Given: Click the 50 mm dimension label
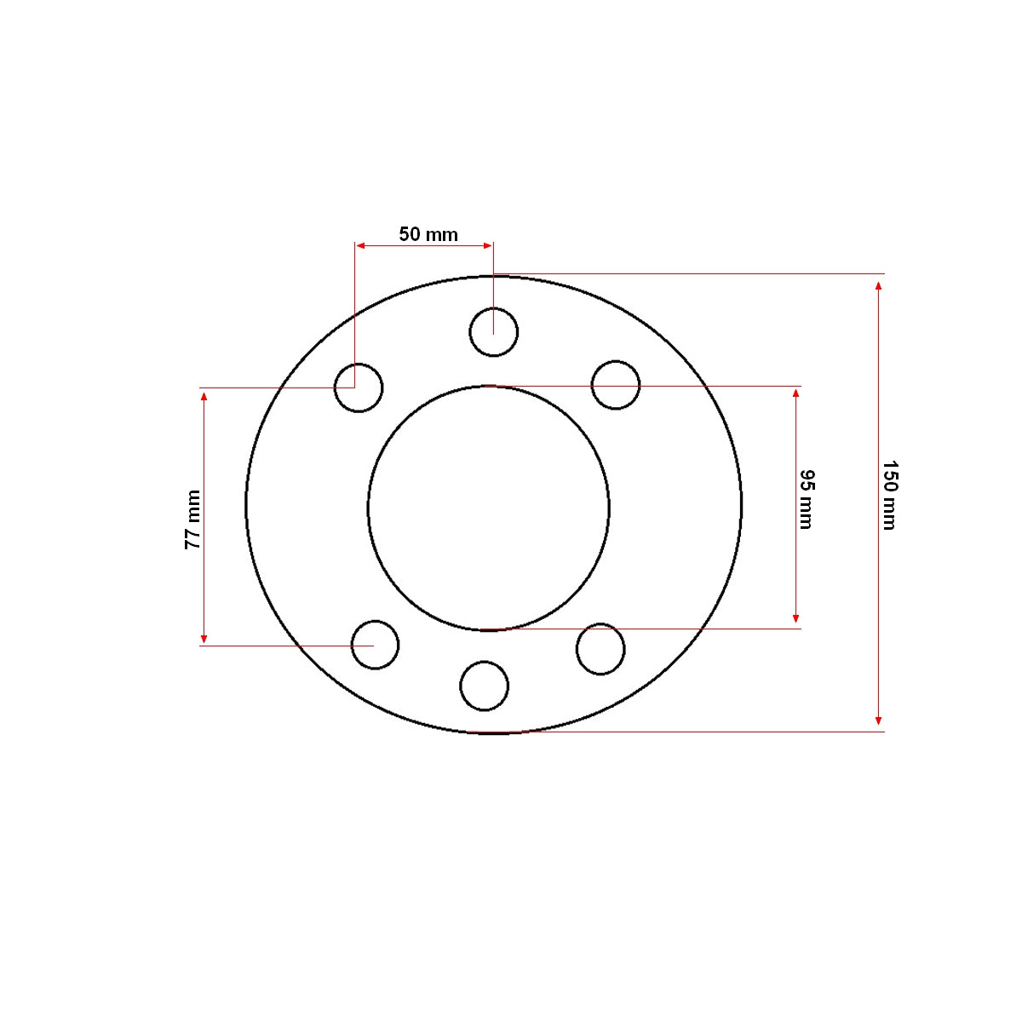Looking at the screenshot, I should tap(428, 234).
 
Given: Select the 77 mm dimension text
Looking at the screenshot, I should tap(193, 520).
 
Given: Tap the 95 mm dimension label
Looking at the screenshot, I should tap(806, 499).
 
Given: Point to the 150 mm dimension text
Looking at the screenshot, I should tap(889, 496).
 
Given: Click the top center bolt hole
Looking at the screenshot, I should tap(494, 332).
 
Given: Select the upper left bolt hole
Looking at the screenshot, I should tap(359, 388).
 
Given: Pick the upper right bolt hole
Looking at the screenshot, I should tap(616, 385).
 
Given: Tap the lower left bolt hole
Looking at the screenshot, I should tap(375, 645).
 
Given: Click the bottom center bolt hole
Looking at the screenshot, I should tap(485, 686).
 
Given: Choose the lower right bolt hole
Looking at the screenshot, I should tap(600, 649).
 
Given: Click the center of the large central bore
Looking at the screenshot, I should tap(489, 508).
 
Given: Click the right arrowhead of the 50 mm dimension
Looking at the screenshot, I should tap(488, 245).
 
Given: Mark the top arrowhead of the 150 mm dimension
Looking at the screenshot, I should tap(879, 286).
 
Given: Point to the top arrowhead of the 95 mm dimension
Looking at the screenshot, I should tap(796, 393).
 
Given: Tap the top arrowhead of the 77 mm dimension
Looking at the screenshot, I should tap(204, 397).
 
